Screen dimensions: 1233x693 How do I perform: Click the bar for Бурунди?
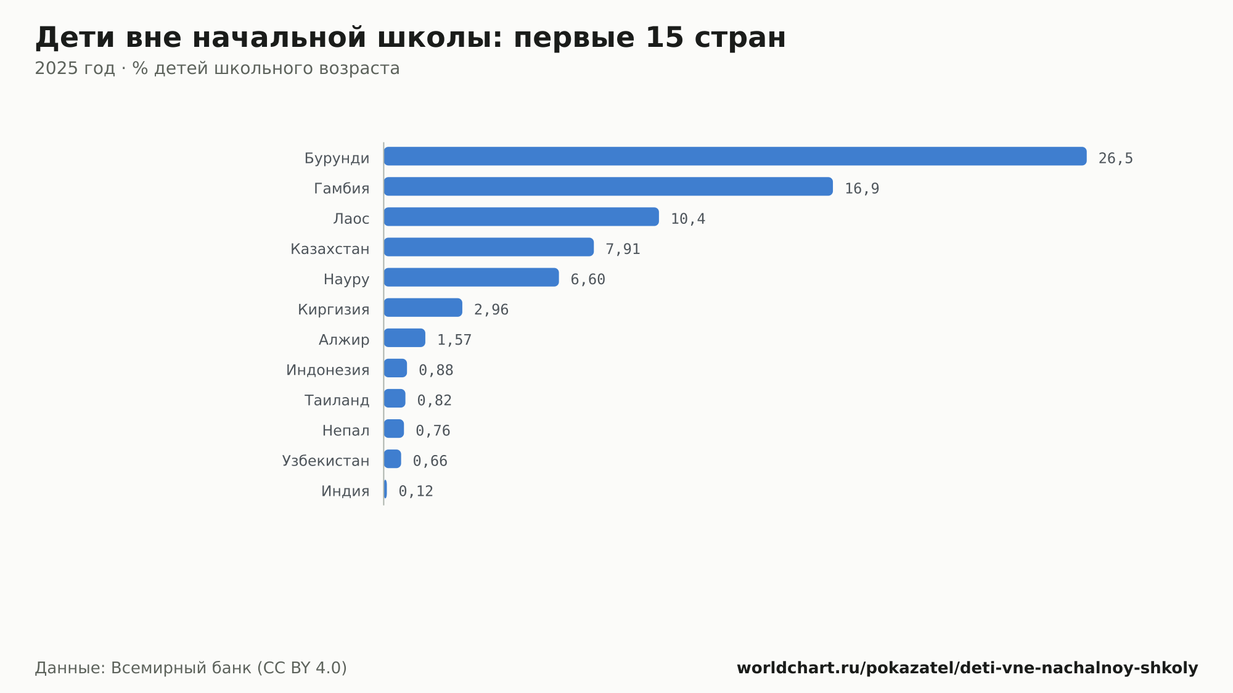[735, 156]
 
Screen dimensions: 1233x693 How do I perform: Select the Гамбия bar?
[608, 186]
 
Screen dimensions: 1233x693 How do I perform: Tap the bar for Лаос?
[522, 216]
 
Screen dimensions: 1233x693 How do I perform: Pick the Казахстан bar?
[489, 247]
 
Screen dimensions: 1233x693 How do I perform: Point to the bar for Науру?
[472, 277]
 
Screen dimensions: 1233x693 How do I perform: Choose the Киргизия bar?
[423, 307]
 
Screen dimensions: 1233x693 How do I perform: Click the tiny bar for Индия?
[385, 489]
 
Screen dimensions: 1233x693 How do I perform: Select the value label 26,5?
[1116, 158]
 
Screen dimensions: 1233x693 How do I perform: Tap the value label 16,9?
[862, 189]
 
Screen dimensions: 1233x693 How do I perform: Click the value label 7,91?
[623, 249]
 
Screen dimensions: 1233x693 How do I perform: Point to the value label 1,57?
[454, 340]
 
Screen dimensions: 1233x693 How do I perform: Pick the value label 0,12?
[416, 491]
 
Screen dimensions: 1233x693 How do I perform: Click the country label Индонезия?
[328, 370]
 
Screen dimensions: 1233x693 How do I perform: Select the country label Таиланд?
[337, 400]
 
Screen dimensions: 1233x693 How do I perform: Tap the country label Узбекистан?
[326, 461]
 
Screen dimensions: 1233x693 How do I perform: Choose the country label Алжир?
[344, 340]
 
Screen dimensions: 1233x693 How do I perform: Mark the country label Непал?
[346, 430]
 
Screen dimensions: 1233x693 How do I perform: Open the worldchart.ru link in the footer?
[967, 668]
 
